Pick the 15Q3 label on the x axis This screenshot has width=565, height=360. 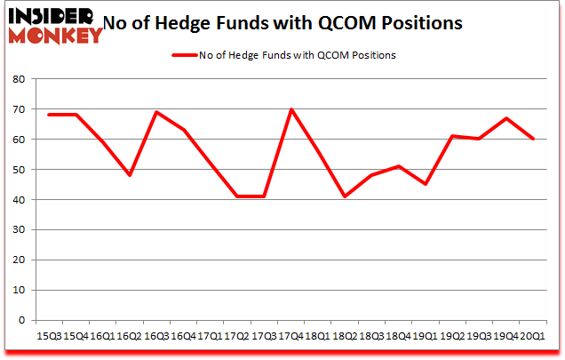tap(51, 334)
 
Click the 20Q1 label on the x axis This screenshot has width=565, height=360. tap(532, 334)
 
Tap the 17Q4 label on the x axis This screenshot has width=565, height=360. tap(291, 334)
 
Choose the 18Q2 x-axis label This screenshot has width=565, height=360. tap(345, 334)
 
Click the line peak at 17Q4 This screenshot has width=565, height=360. tap(291, 109)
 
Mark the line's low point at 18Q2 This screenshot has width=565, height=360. tap(345, 196)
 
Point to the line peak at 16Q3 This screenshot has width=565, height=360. tap(157, 112)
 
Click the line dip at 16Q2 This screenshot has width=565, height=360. tap(131, 175)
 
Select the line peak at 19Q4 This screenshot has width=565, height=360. tap(505, 118)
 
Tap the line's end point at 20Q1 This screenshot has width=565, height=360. tap(532, 140)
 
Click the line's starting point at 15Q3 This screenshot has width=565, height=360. tap(51, 115)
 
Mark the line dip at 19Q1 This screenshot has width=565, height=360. tap(426, 184)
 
